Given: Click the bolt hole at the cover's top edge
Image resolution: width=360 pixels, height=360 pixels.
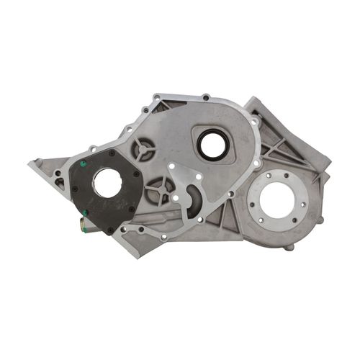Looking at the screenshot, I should [x=206, y=96].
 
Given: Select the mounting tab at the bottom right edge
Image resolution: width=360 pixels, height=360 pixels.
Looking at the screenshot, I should [x=289, y=248].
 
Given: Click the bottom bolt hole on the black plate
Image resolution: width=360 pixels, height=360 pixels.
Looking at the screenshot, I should [x=109, y=231].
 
